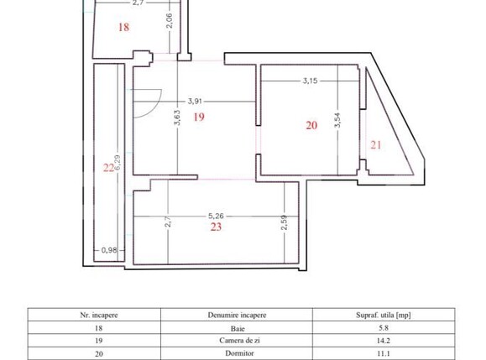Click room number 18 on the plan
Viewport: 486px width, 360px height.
click(124, 27)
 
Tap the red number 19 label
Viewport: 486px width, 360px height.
click(199, 117)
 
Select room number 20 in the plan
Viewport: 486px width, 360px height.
click(311, 125)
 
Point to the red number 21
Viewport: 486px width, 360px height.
click(376, 144)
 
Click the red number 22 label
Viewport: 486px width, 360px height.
click(108, 168)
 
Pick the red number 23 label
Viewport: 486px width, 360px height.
click(216, 226)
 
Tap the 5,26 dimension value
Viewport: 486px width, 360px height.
click(216, 215)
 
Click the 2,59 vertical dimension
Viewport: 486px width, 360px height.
click(285, 224)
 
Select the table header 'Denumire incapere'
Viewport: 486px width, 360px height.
click(237, 315)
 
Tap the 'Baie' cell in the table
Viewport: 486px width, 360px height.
click(237, 330)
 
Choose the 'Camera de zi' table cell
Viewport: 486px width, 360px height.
click(237, 342)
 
